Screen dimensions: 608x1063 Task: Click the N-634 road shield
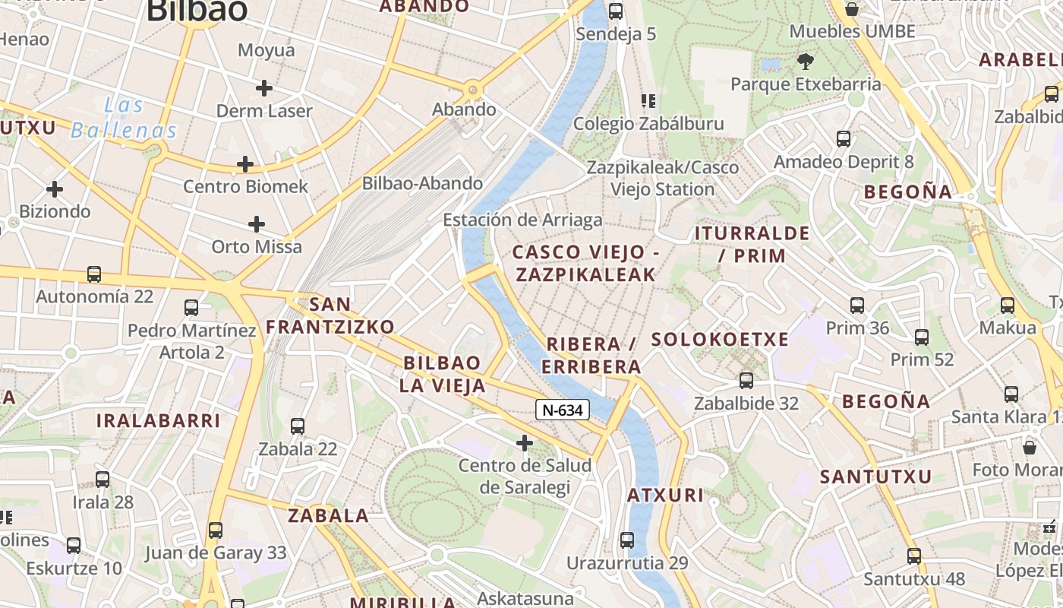point(563,410)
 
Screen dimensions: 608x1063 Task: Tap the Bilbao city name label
point(197,11)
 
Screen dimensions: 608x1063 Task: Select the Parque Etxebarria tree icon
point(806,61)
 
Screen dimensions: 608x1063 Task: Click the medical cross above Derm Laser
point(263,88)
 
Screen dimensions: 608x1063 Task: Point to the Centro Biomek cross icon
point(245,164)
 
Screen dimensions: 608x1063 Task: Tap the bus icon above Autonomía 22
point(94,274)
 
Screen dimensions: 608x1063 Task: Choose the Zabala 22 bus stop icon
point(298,426)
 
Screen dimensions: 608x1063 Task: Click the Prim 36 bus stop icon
point(857,306)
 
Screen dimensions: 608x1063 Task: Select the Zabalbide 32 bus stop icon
point(746,381)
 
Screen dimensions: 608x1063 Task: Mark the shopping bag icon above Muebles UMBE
point(852,9)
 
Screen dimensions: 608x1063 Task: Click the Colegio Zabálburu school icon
point(648,101)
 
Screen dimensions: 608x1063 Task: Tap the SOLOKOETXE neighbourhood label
point(720,340)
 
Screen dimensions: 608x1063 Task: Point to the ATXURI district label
point(665,496)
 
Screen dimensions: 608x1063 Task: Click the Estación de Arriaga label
point(522,220)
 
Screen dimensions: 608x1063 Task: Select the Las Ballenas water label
point(124,118)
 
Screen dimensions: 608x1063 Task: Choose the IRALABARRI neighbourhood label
point(158,420)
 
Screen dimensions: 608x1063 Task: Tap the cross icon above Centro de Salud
point(524,443)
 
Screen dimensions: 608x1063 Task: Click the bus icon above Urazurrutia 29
point(627,540)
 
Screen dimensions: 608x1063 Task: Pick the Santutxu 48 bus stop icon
point(914,556)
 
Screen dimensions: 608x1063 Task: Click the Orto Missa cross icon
point(257,224)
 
